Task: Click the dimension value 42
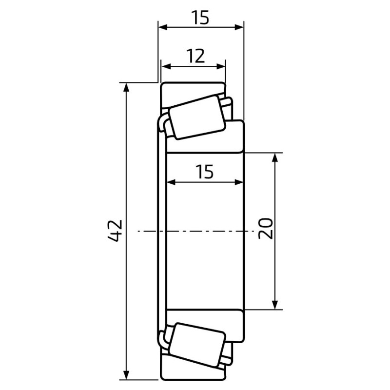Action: tap(116, 231)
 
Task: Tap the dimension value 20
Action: tap(266, 228)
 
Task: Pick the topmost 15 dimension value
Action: tap(200, 18)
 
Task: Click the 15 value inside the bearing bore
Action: tap(204, 172)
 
